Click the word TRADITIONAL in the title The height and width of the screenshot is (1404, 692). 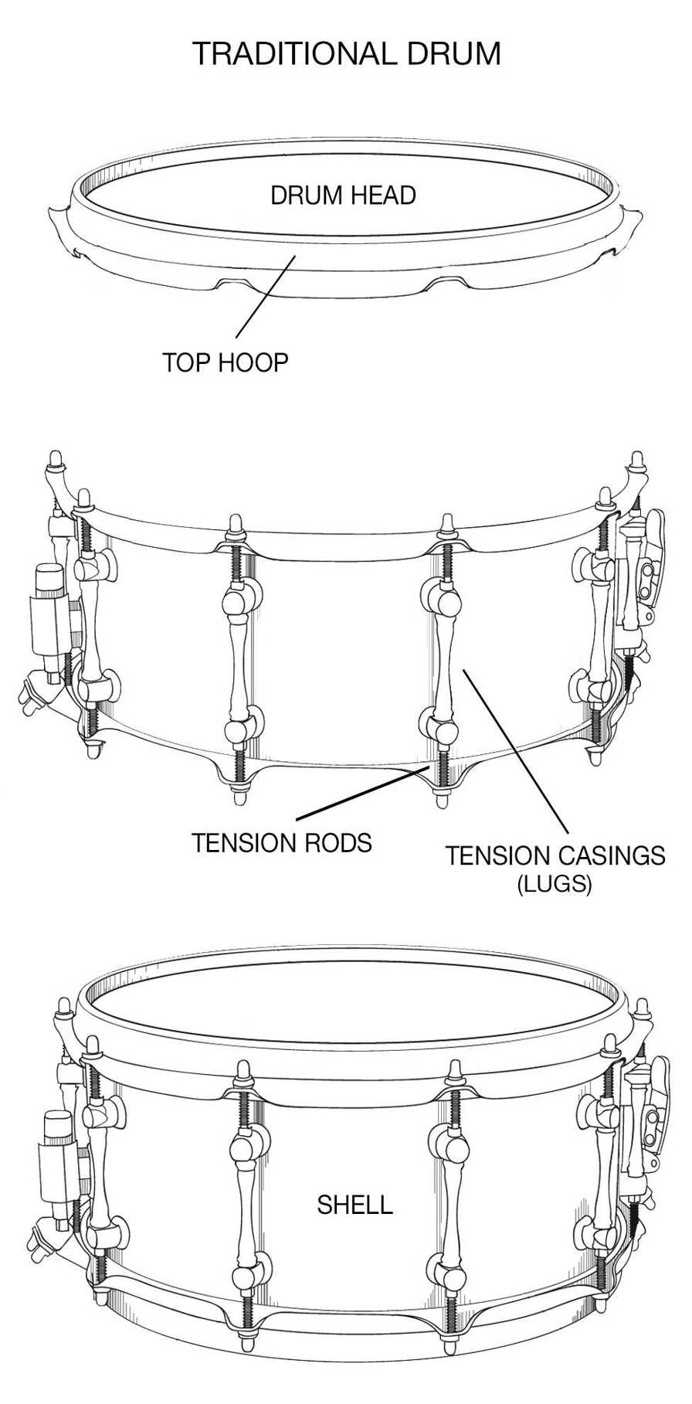pyautogui.click(x=293, y=54)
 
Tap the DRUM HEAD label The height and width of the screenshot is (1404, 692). pyautogui.click(x=343, y=195)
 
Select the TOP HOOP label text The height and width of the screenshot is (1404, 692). pyautogui.click(x=225, y=362)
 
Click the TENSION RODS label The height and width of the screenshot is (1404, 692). pyautogui.click(x=281, y=842)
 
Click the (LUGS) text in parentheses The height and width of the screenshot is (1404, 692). pyautogui.click(x=555, y=883)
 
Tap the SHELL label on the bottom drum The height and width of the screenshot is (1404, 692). pyautogui.click(x=354, y=1205)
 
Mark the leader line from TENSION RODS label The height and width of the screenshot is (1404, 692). pyautogui.click(x=363, y=793)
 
